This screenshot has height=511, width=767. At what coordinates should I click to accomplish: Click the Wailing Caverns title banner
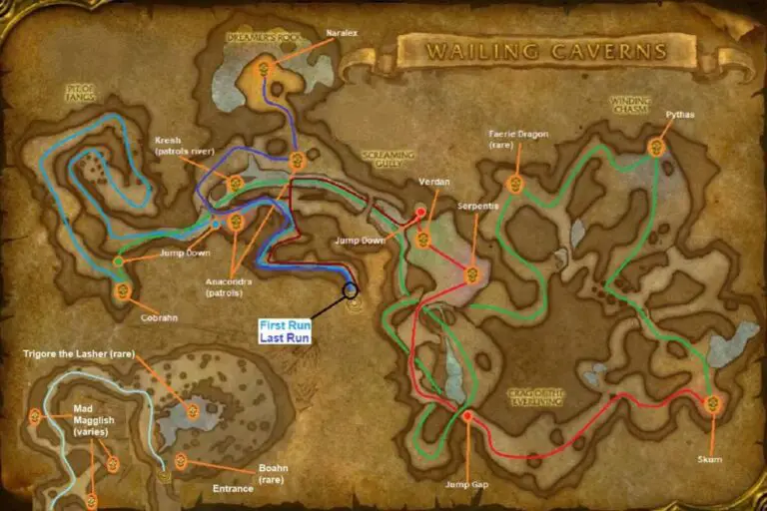545,50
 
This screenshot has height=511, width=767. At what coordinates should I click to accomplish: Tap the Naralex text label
341,32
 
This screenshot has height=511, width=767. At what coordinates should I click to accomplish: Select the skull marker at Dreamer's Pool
266,68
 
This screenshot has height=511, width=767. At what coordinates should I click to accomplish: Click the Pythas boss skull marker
656,148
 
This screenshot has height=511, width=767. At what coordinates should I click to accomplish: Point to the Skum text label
709,460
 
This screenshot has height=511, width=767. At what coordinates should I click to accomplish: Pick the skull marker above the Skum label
712,404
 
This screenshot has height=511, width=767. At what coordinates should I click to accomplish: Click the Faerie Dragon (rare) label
519,140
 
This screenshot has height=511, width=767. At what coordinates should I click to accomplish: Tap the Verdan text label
435,182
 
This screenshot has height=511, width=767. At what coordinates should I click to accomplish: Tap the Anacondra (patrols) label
232,287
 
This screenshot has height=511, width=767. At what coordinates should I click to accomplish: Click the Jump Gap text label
466,485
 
